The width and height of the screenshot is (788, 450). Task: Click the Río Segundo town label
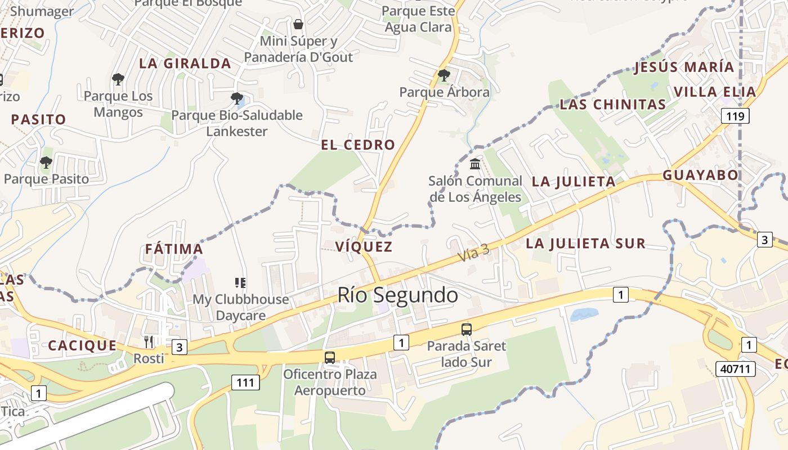[x=397, y=295]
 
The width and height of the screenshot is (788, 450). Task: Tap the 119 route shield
[x=735, y=116]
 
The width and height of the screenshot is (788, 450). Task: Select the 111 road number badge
[x=245, y=383]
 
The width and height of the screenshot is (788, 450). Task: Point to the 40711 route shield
[x=735, y=369]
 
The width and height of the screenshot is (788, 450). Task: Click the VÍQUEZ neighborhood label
[x=364, y=246]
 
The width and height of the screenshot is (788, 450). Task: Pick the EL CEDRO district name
[x=358, y=145]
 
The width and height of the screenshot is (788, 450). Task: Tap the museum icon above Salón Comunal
[x=475, y=164]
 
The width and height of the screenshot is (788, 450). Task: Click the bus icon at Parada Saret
[x=466, y=330]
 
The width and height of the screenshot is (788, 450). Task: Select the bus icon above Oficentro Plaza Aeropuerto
[x=330, y=357]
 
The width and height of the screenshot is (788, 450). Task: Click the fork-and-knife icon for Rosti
[x=149, y=341]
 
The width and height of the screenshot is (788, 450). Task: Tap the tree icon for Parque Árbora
[x=444, y=74]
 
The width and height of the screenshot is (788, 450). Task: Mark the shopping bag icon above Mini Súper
[x=298, y=24]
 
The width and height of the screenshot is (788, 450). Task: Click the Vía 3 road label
[x=473, y=254]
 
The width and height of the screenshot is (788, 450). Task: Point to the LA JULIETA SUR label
[x=585, y=244]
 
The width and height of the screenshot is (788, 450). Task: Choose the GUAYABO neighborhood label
[x=700, y=175]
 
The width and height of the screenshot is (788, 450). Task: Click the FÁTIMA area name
[x=174, y=249]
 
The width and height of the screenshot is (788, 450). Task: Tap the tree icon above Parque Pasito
[x=46, y=163]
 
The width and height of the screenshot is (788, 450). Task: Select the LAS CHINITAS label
[x=612, y=104]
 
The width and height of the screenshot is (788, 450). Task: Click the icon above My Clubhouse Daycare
[x=240, y=282]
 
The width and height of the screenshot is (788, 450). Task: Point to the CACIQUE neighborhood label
[x=82, y=345]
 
